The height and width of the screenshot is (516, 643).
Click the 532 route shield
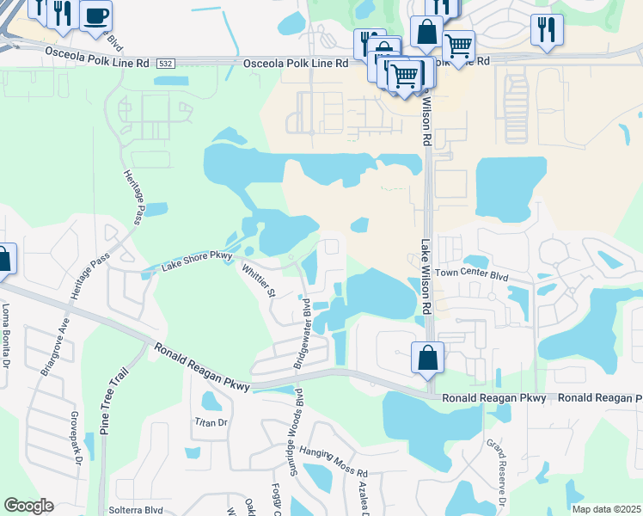166,64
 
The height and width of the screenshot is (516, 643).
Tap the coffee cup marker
95,15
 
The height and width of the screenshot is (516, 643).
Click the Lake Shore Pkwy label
197,261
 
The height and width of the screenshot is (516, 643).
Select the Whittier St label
257,280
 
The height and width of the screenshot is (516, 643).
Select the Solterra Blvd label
136,509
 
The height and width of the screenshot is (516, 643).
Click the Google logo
28,506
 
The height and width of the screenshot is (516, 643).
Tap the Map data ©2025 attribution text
605,509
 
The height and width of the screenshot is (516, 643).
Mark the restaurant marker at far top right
547,28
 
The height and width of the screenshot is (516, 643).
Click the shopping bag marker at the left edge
3,259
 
